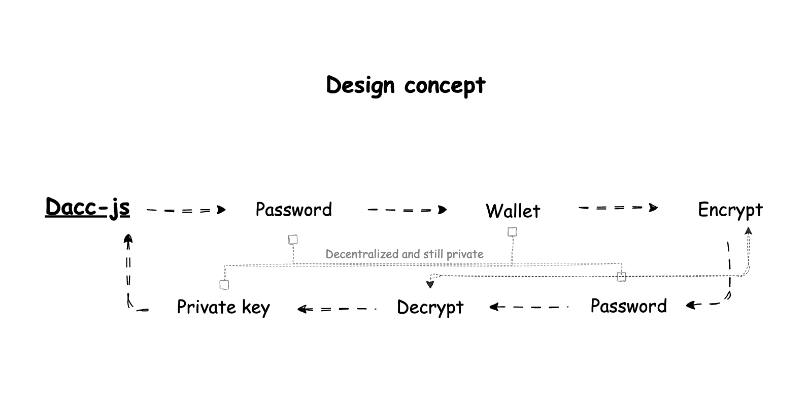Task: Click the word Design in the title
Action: click(x=360, y=85)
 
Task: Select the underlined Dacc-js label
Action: click(x=87, y=207)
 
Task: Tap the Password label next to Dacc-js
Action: click(x=293, y=209)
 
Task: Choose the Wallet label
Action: click(x=513, y=211)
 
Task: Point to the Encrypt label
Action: click(x=730, y=210)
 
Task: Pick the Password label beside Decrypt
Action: click(x=628, y=306)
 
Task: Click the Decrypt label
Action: click(x=430, y=307)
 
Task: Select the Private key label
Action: click(x=223, y=307)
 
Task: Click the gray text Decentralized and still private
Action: click(x=404, y=254)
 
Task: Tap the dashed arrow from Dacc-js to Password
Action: click(x=185, y=210)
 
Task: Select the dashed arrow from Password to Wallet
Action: click(x=407, y=210)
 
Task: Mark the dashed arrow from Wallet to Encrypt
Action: click(x=618, y=208)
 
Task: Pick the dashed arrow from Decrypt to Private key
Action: click(x=336, y=309)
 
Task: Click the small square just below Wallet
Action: click(x=512, y=232)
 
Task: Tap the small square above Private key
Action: click(x=224, y=285)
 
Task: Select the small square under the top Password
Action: click(x=293, y=240)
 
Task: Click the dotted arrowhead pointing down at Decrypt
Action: click(x=430, y=284)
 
